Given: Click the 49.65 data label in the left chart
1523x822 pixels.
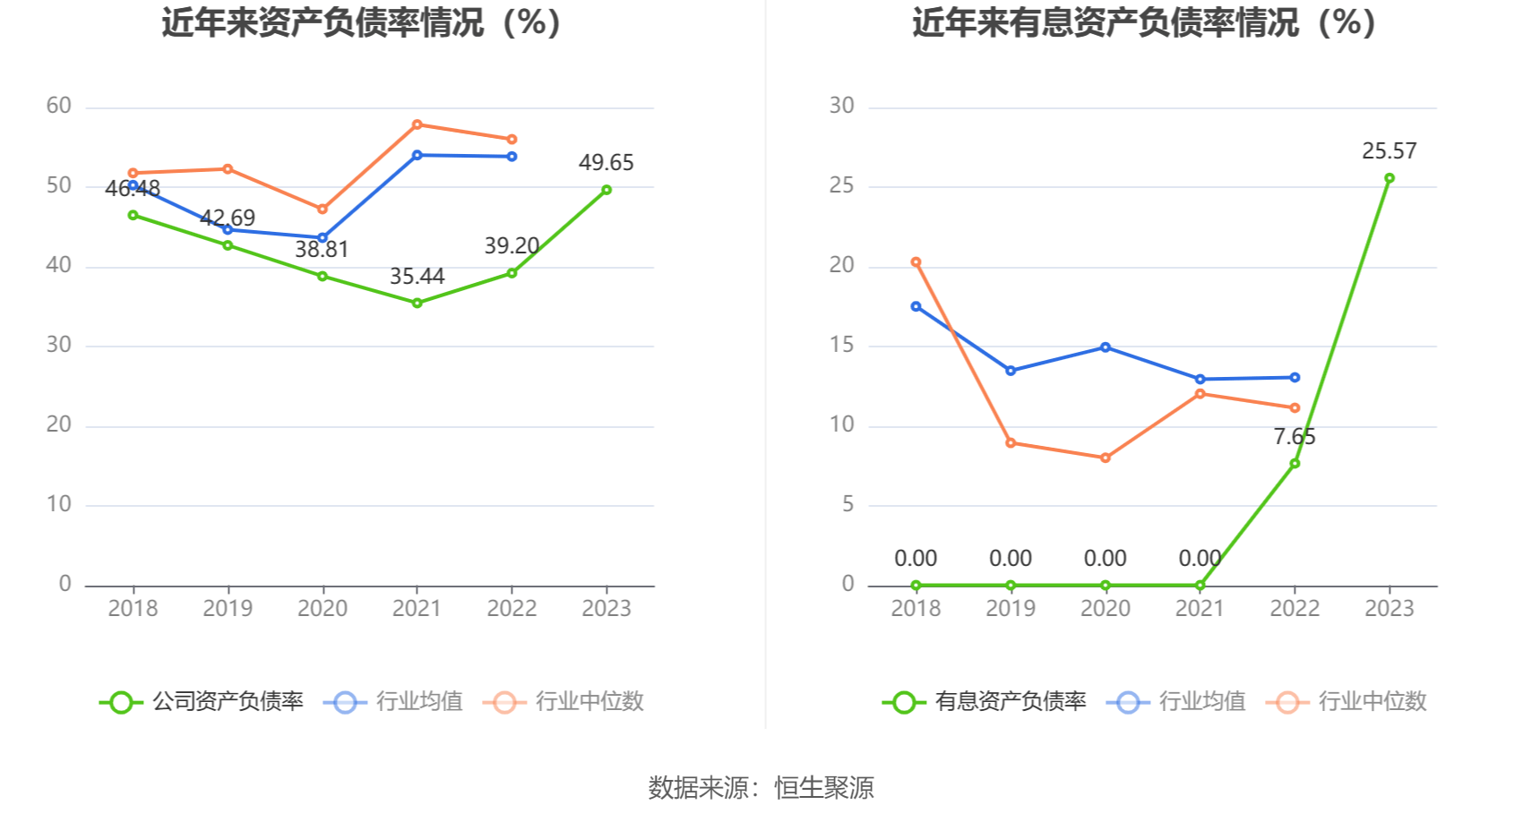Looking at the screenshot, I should click(606, 163).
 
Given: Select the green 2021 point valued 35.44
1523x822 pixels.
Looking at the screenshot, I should click(417, 304).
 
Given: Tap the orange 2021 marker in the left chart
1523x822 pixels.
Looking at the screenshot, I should click(417, 124).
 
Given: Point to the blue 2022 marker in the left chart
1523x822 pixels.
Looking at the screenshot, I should click(512, 157).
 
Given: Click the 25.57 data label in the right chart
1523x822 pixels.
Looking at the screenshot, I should click(1389, 151).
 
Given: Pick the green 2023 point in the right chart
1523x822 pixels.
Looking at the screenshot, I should click(1390, 178).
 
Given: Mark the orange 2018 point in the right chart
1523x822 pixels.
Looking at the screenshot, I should click(916, 262).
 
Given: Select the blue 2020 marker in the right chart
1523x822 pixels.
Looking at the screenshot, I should click(1106, 347).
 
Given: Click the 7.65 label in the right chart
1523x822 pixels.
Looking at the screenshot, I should click(1295, 437).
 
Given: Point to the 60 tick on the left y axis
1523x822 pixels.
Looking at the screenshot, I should click(59, 107).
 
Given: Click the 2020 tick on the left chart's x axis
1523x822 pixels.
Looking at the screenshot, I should click(323, 609).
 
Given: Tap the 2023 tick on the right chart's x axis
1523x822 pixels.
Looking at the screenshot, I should click(1390, 609).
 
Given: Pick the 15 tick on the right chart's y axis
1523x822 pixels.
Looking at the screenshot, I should click(842, 346).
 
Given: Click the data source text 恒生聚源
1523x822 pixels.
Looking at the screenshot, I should click(823, 788).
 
